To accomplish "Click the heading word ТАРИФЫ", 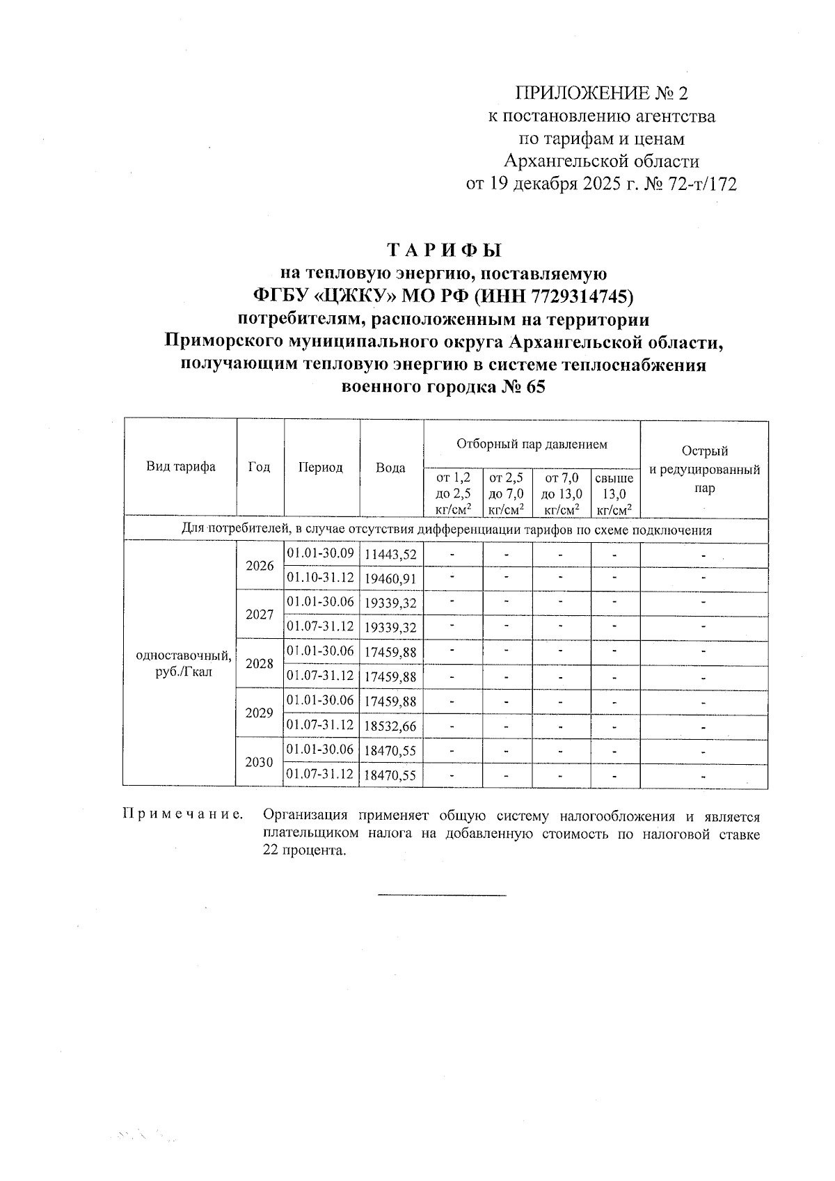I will [443, 249].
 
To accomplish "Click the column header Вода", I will [390, 468].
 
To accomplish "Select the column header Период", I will [320, 468].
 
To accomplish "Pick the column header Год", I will [259, 467].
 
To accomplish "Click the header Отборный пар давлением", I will [532, 444].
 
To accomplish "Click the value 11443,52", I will [390, 555].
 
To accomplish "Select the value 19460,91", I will [390, 579].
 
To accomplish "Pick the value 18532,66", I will [390, 727].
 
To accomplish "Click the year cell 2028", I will [260, 663].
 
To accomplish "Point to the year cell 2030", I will [260, 762].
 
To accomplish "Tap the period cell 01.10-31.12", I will [320, 578].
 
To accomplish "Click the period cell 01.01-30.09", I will [320, 554].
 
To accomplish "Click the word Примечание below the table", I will [183, 814].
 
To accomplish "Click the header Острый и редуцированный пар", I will [703, 470].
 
